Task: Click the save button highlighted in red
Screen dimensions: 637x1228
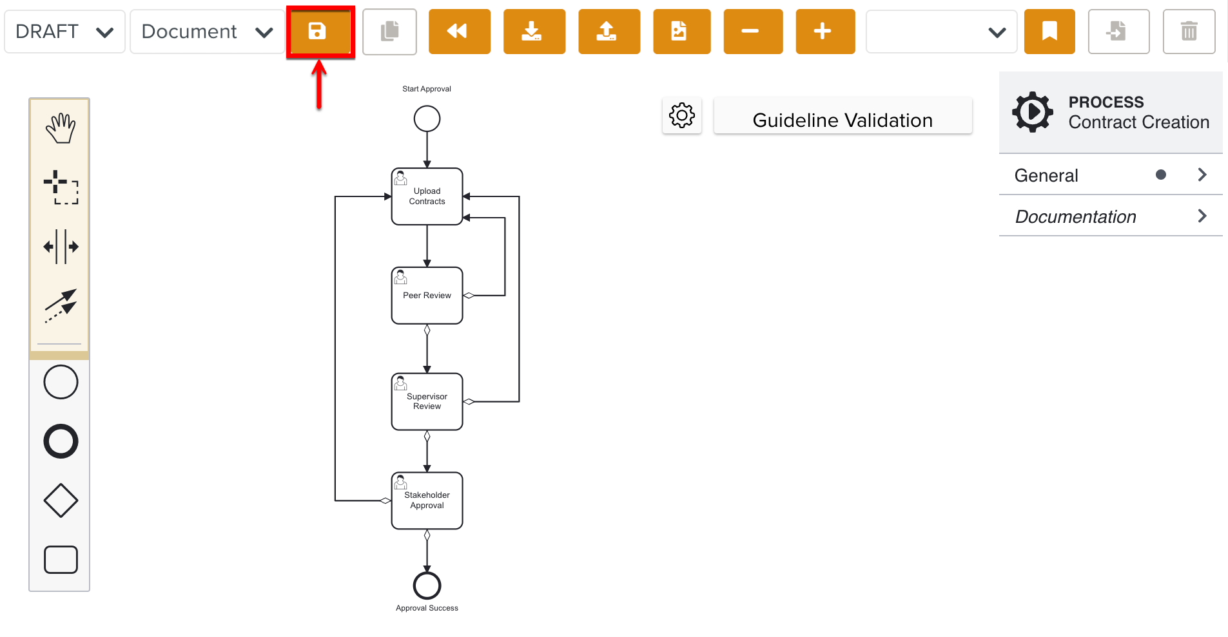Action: pyautogui.click(x=318, y=31)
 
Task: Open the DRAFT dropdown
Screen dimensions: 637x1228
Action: pyautogui.click(x=64, y=32)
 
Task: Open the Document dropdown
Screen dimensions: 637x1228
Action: pyautogui.click(x=207, y=32)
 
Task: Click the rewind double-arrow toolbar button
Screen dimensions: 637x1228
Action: pyautogui.click(x=458, y=32)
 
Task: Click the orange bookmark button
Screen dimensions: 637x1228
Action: pyautogui.click(x=1049, y=32)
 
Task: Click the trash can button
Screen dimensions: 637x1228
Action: pyautogui.click(x=1188, y=32)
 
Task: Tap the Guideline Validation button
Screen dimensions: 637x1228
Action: pyautogui.click(x=842, y=120)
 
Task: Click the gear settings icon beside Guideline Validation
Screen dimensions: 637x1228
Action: pyautogui.click(x=681, y=116)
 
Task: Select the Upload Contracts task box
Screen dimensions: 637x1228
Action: pyautogui.click(x=427, y=196)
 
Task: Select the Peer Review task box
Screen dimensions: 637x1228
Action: pyautogui.click(x=427, y=296)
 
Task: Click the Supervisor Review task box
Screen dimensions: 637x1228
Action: pyautogui.click(x=427, y=401)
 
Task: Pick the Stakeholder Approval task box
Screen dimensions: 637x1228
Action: pyautogui.click(x=427, y=500)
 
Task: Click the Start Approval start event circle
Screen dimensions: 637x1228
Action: pyautogui.click(x=427, y=119)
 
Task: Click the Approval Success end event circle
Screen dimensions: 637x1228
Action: pyautogui.click(x=427, y=585)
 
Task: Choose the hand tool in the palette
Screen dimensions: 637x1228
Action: pyautogui.click(x=60, y=128)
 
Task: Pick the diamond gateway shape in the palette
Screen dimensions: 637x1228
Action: pyautogui.click(x=61, y=500)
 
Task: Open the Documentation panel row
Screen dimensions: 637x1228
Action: pyautogui.click(x=1110, y=216)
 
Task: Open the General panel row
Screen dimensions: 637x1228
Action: pyautogui.click(x=1110, y=175)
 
